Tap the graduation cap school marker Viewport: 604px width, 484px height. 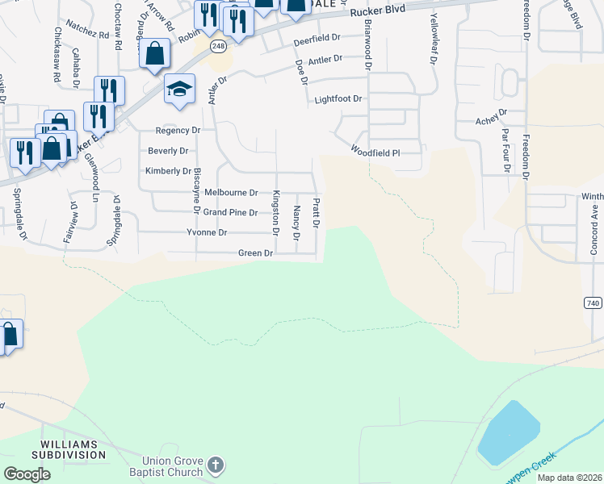pyautogui.click(x=180, y=90)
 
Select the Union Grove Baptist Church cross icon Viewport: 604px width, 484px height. pyautogui.click(x=215, y=465)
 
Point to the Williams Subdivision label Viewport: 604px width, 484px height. pyautogui.click(x=69, y=449)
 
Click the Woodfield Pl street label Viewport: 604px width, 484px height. pyautogui.click(x=375, y=151)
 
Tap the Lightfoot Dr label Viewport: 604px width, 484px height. pyautogui.click(x=338, y=98)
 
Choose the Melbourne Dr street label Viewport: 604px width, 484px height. pyautogui.click(x=231, y=193)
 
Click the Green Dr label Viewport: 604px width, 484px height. pyautogui.click(x=256, y=253)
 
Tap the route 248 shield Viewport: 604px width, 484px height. pyautogui.click(x=218, y=45)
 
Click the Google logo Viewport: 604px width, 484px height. pyautogui.click(x=27, y=474)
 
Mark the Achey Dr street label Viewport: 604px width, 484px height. pyautogui.click(x=491, y=120)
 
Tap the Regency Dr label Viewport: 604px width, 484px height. pyautogui.click(x=178, y=130)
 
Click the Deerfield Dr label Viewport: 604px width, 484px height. pyautogui.click(x=317, y=38)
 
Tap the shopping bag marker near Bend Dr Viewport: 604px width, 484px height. pyautogui.click(x=155, y=53)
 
